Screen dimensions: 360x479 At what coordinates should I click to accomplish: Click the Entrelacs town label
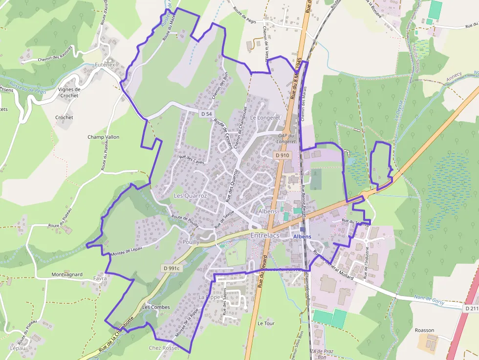264,235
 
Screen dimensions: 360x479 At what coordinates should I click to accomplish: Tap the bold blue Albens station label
302,236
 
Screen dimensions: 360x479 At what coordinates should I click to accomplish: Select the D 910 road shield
282,155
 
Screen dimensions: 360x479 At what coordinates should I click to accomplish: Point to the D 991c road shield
172,268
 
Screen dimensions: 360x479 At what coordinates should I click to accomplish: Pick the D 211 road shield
471,309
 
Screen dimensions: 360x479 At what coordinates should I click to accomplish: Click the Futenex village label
105,64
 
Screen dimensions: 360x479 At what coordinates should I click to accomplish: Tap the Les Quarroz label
191,195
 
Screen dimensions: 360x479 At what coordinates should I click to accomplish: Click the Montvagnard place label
67,275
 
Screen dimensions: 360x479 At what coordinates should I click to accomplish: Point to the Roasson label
424,330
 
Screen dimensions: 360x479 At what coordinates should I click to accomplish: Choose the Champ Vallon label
103,137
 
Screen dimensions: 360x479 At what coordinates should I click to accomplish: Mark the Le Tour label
266,323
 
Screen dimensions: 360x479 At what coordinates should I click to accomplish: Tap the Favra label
99,278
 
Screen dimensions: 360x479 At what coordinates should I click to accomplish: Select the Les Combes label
156,307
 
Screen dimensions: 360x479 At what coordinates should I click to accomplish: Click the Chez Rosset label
164,348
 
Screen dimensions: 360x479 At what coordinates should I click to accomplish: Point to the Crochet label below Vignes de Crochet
64,118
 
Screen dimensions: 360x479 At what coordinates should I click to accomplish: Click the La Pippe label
209,297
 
